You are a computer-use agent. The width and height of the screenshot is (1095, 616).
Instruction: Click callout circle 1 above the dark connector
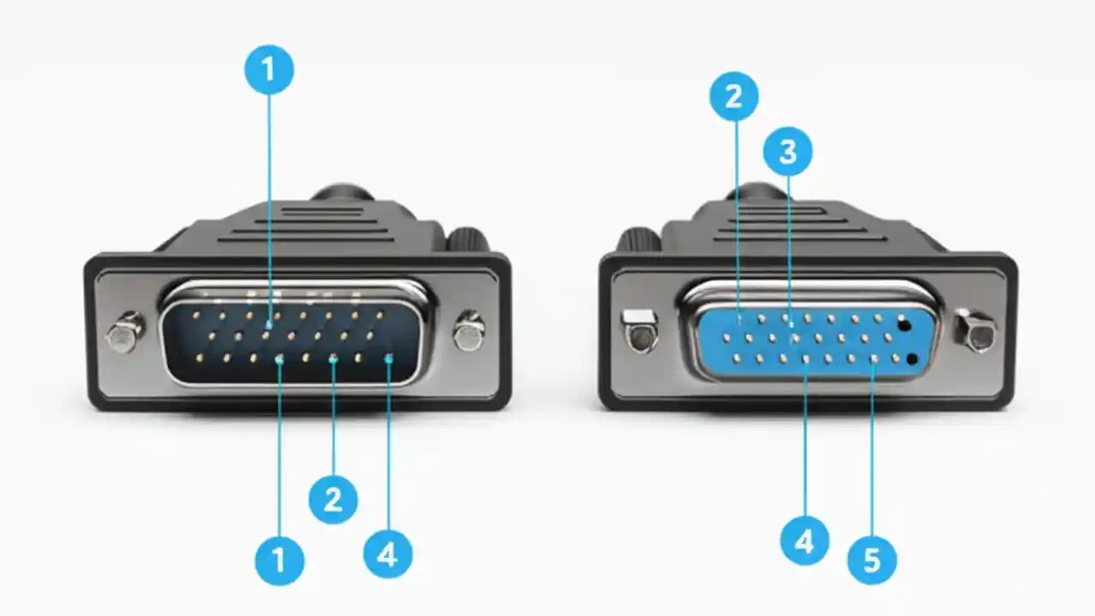[269, 69]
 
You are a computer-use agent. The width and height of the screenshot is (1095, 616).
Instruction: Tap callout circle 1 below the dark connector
[280, 561]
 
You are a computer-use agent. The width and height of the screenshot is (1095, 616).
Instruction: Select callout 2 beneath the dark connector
[334, 499]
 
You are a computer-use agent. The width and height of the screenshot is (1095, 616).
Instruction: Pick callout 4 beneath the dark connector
[388, 554]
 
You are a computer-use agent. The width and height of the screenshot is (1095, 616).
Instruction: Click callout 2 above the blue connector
[734, 96]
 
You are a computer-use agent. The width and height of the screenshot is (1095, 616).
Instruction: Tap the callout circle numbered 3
[787, 152]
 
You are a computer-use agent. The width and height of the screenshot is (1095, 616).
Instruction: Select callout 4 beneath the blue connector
[804, 541]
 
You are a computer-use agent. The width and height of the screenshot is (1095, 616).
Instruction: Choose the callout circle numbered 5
[872, 561]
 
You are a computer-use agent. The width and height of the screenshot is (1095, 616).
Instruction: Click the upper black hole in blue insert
[904, 324]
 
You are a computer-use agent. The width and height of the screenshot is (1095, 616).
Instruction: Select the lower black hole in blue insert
[912, 358]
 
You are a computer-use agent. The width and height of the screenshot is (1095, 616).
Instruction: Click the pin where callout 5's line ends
[873, 360]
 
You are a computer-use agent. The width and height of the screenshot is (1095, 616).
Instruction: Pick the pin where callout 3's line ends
[790, 323]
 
